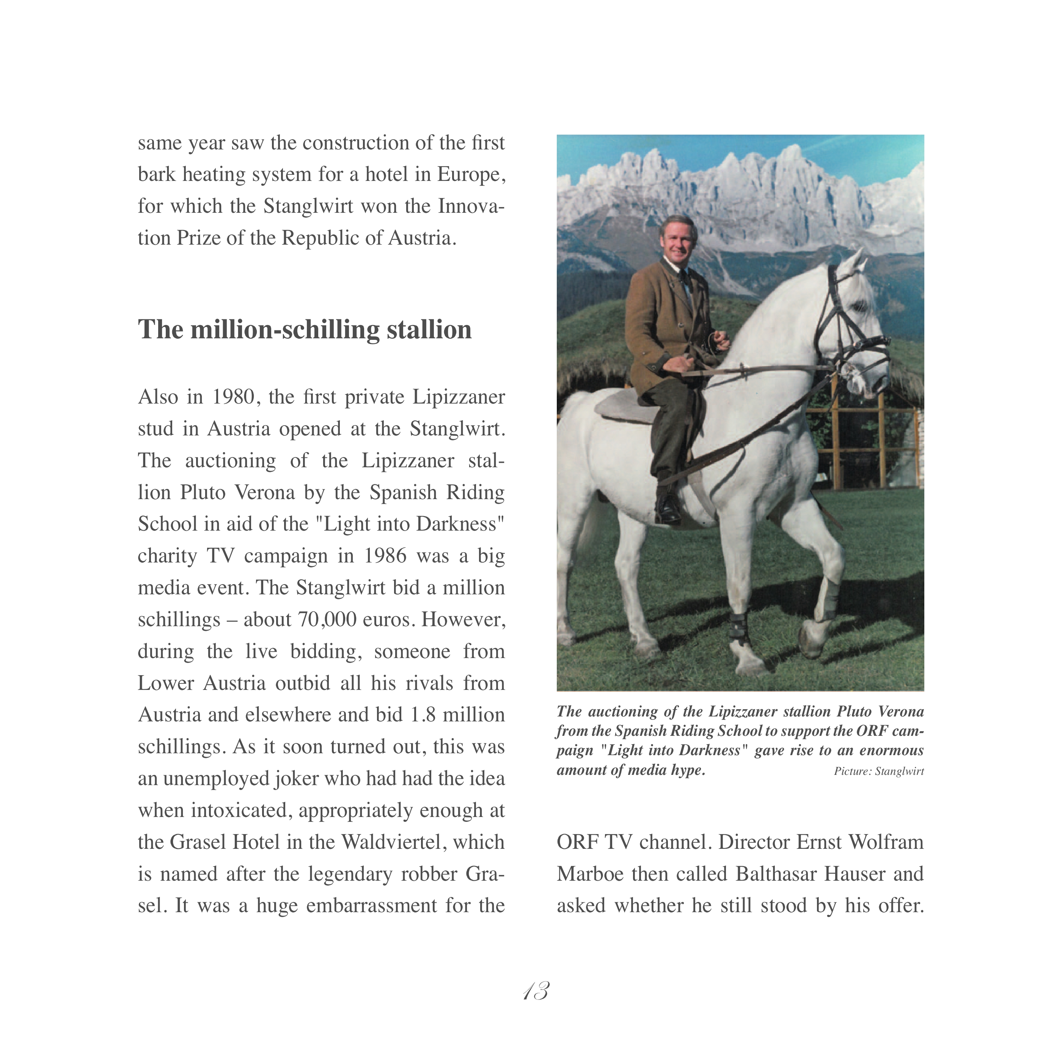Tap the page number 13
pyautogui.click(x=536, y=991)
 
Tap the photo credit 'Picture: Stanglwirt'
pyautogui.click(x=878, y=771)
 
